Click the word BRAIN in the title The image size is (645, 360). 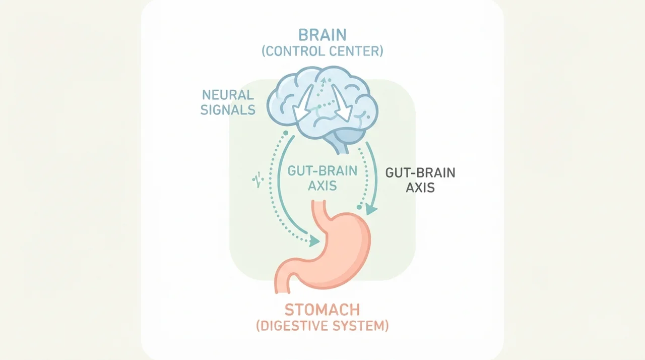point(322,35)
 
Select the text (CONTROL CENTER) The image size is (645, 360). point(322,51)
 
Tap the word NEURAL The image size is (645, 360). point(228,95)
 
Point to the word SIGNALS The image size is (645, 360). point(228,110)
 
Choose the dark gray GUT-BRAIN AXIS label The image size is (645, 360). point(420,180)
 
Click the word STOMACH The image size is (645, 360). point(322,310)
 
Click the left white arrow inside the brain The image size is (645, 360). point(303,104)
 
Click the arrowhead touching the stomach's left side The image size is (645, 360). point(314,241)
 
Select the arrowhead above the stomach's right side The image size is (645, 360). point(371,209)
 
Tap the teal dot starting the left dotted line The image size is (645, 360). point(286,133)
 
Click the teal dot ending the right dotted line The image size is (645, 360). point(359,207)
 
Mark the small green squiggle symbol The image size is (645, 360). point(258,179)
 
